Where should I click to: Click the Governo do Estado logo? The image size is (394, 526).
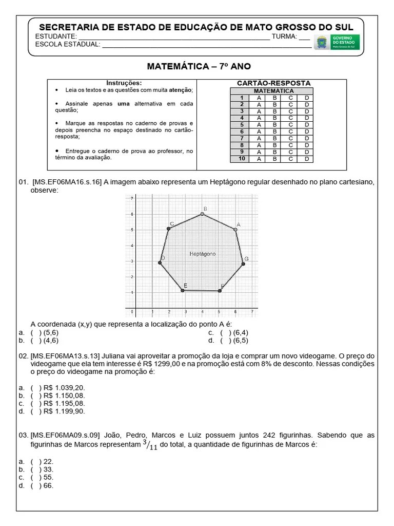pyautogui.click(x=337, y=42)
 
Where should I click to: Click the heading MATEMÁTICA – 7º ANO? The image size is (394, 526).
pyautogui.click(x=199, y=66)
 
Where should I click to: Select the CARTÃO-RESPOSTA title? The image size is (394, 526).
pyautogui.click(x=273, y=83)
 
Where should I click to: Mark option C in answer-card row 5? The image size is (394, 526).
pyautogui.click(x=290, y=124)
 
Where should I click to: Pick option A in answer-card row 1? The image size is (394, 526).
pyautogui.click(x=259, y=98)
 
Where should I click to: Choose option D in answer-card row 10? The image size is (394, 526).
pyautogui.click(x=306, y=159)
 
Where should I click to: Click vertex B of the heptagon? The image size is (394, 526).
pyautogui.click(x=202, y=214)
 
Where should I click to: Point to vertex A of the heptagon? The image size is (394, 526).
pyautogui.click(x=235, y=230)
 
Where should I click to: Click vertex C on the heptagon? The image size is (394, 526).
pyautogui.click(x=168, y=229)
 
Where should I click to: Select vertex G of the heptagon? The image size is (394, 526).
pyautogui.click(x=243, y=264)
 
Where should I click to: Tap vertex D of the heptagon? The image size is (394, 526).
pyautogui.click(x=160, y=262)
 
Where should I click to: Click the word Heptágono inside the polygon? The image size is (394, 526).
pyautogui.click(x=202, y=254)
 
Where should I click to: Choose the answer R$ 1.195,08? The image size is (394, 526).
pyautogui.click(x=64, y=403)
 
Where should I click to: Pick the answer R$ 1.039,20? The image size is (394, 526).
pyautogui.click(x=64, y=388)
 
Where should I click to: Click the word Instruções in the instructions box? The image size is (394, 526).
pyautogui.click(x=124, y=83)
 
